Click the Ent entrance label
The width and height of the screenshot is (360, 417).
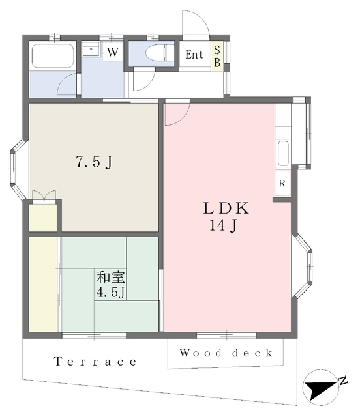coord(194,55)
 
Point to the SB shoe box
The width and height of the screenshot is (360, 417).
coord(218,55)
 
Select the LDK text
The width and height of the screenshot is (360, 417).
coord(226,210)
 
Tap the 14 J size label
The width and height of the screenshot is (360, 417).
coord(226,227)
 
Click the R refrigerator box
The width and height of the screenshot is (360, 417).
coord(282,184)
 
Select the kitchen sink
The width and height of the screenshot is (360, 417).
coord(283,154)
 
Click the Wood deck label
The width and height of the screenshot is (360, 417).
coord(226,354)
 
